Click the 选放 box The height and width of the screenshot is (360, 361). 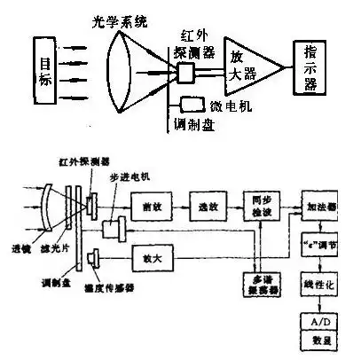[207, 206]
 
